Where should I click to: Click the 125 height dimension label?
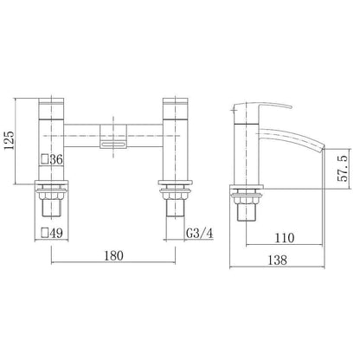[10, 140]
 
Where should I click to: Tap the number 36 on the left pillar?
[56, 159]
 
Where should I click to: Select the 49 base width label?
[56, 233]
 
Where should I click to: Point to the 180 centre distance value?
[113, 255]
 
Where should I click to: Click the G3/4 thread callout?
[199, 233]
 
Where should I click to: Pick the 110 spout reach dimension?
[285, 238]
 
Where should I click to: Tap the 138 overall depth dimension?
[278, 260]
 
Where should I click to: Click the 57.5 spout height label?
[343, 168]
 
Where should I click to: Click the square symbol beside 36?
[45, 159]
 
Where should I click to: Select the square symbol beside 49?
[45, 233]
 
